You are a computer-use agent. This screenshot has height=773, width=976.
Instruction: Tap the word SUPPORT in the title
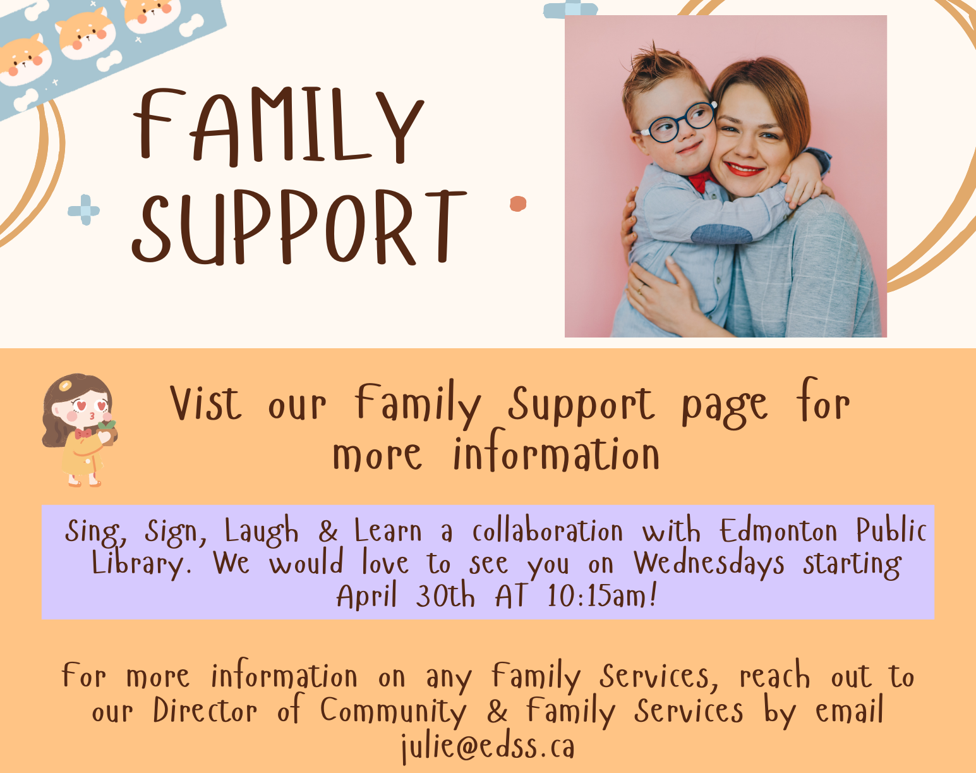[x=299, y=227]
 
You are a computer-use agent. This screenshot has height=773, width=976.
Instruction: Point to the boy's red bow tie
[x=701, y=181]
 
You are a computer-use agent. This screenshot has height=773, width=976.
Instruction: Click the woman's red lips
[x=744, y=169]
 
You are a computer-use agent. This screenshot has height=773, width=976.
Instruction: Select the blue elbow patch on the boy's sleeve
[x=721, y=234]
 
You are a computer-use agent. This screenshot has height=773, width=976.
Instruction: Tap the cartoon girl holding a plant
[x=80, y=430]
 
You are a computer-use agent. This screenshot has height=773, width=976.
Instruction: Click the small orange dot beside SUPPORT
[x=518, y=204]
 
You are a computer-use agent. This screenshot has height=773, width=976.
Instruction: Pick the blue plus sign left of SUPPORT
[x=84, y=210]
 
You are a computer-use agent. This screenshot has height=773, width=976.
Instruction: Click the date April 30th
[x=406, y=595]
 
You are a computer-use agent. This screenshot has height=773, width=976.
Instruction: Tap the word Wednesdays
[x=708, y=563]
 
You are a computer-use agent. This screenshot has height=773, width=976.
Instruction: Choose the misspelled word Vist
[x=206, y=403]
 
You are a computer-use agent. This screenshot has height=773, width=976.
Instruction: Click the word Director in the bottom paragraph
[x=205, y=710]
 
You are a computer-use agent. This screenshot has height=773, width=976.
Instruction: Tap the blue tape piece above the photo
[x=570, y=9]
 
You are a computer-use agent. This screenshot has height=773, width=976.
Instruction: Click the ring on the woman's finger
[x=640, y=288]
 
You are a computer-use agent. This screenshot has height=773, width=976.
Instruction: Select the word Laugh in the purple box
[x=262, y=531]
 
